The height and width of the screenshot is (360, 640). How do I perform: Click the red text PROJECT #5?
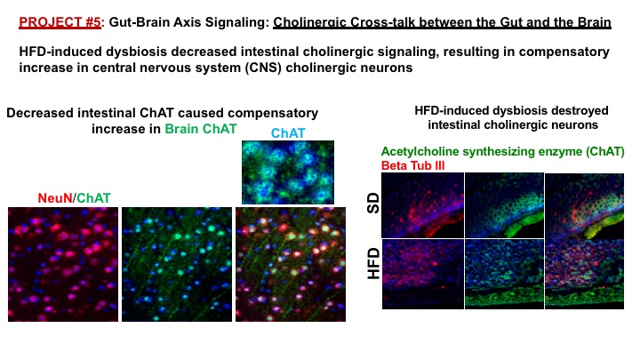pos(60,22)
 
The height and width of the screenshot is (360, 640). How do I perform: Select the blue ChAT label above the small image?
pos(288,133)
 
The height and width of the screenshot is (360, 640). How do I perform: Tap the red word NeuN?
pos(55,198)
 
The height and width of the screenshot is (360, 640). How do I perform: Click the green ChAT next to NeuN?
pos(93,198)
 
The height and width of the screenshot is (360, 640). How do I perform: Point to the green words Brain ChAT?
pos(200,129)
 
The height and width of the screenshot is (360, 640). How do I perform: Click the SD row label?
pos(373,204)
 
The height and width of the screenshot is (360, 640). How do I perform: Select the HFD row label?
pos(373,264)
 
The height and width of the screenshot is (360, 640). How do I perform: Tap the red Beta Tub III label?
pos(412,165)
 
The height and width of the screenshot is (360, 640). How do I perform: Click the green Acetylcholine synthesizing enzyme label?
pos(502,151)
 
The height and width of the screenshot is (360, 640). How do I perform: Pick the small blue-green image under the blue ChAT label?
pos(288,172)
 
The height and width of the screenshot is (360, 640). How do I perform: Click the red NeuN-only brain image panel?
pos(63,264)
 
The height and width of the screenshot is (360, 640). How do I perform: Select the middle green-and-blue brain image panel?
pos(177,264)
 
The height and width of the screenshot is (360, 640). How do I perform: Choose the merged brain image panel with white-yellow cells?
pos(291,264)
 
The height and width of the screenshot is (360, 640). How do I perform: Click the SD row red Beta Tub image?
pos(423,205)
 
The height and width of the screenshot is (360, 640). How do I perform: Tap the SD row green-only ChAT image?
pos(505,205)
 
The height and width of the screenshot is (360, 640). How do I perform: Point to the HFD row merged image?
pos(585,274)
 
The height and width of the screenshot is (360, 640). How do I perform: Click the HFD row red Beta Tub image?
pos(423,274)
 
